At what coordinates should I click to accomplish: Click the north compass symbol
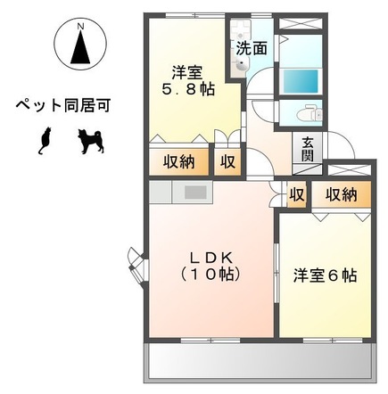click(x=81, y=45)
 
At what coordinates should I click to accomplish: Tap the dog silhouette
click(x=89, y=140)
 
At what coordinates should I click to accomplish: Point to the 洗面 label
click(x=252, y=48)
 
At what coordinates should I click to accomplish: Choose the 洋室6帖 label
click(x=326, y=276)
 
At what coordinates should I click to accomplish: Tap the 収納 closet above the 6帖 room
click(x=340, y=193)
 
